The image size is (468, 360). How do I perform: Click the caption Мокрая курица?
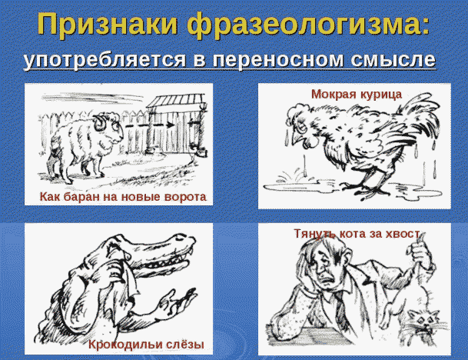357,94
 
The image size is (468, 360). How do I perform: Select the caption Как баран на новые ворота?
123,198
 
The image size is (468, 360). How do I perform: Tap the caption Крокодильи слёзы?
145,343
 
